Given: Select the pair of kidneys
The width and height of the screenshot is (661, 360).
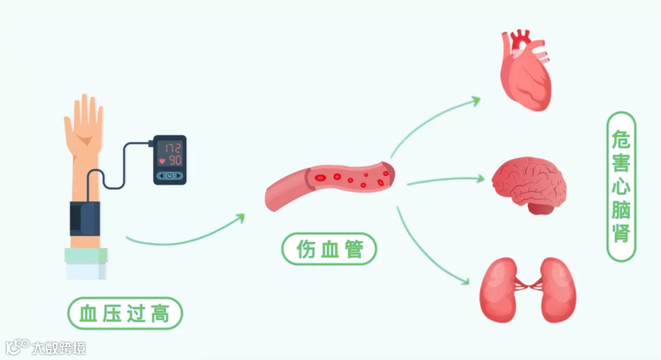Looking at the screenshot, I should point(528,289).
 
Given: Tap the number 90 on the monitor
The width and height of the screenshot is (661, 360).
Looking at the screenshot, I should point(174,161).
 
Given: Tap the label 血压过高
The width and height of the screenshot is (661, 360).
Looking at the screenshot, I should point(125,314).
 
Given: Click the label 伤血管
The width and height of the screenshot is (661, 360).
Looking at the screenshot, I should point(329,250).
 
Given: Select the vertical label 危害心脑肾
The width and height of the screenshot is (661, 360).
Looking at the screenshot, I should point(621,186).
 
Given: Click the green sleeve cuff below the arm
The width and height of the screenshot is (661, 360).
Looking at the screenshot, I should point(86,255).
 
